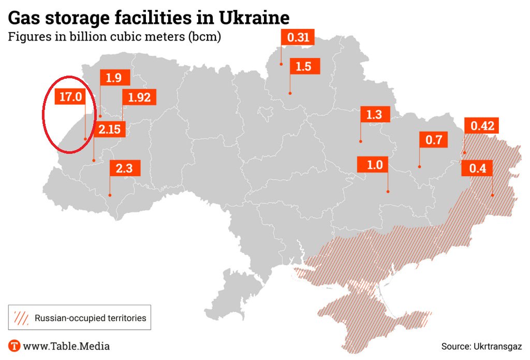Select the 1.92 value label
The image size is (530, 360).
[x=138, y=97]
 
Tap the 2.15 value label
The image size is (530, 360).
[x=110, y=129]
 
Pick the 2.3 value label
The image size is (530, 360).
[x=124, y=168]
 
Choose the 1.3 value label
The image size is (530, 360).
[x=374, y=114]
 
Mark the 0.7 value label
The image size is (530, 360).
[x=433, y=139]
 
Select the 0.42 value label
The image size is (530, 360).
[x=482, y=125]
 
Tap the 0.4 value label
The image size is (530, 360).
[x=477, y=168]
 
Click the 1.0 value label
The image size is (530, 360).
[x=374, y=165]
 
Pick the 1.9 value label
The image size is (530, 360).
[x=114, y=78]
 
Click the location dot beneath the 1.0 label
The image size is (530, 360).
[x=388, y=192]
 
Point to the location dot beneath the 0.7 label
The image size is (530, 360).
[x=419, y=167]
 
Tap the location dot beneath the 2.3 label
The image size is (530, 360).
[x=110, y=195]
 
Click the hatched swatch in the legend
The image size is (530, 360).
[x=22, y=318]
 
